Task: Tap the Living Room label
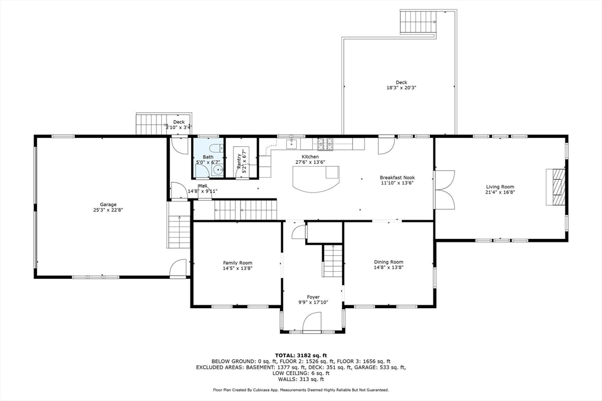pos(499,187)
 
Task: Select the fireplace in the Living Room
pos(557,187)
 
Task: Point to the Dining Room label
pos(389,262)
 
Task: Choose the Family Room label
pos(237,262)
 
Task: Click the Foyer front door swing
pos(311,322)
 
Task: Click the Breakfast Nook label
pos(397,177)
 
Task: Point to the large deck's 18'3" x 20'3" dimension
pos(401,88)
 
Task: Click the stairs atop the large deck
pos(418,22)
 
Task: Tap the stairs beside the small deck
pos(152,124)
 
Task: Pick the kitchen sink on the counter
pos(292,143)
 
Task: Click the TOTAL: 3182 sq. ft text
pos(300,355)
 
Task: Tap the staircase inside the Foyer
pos(333,261)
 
